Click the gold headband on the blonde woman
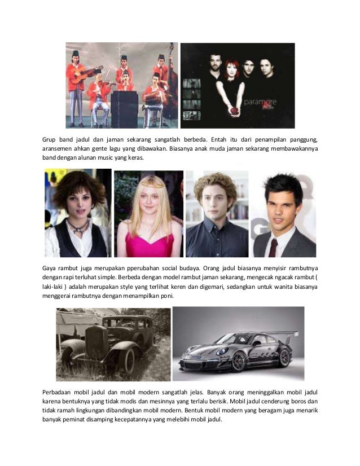(148, 184)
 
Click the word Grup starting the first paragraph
(51, 139)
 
